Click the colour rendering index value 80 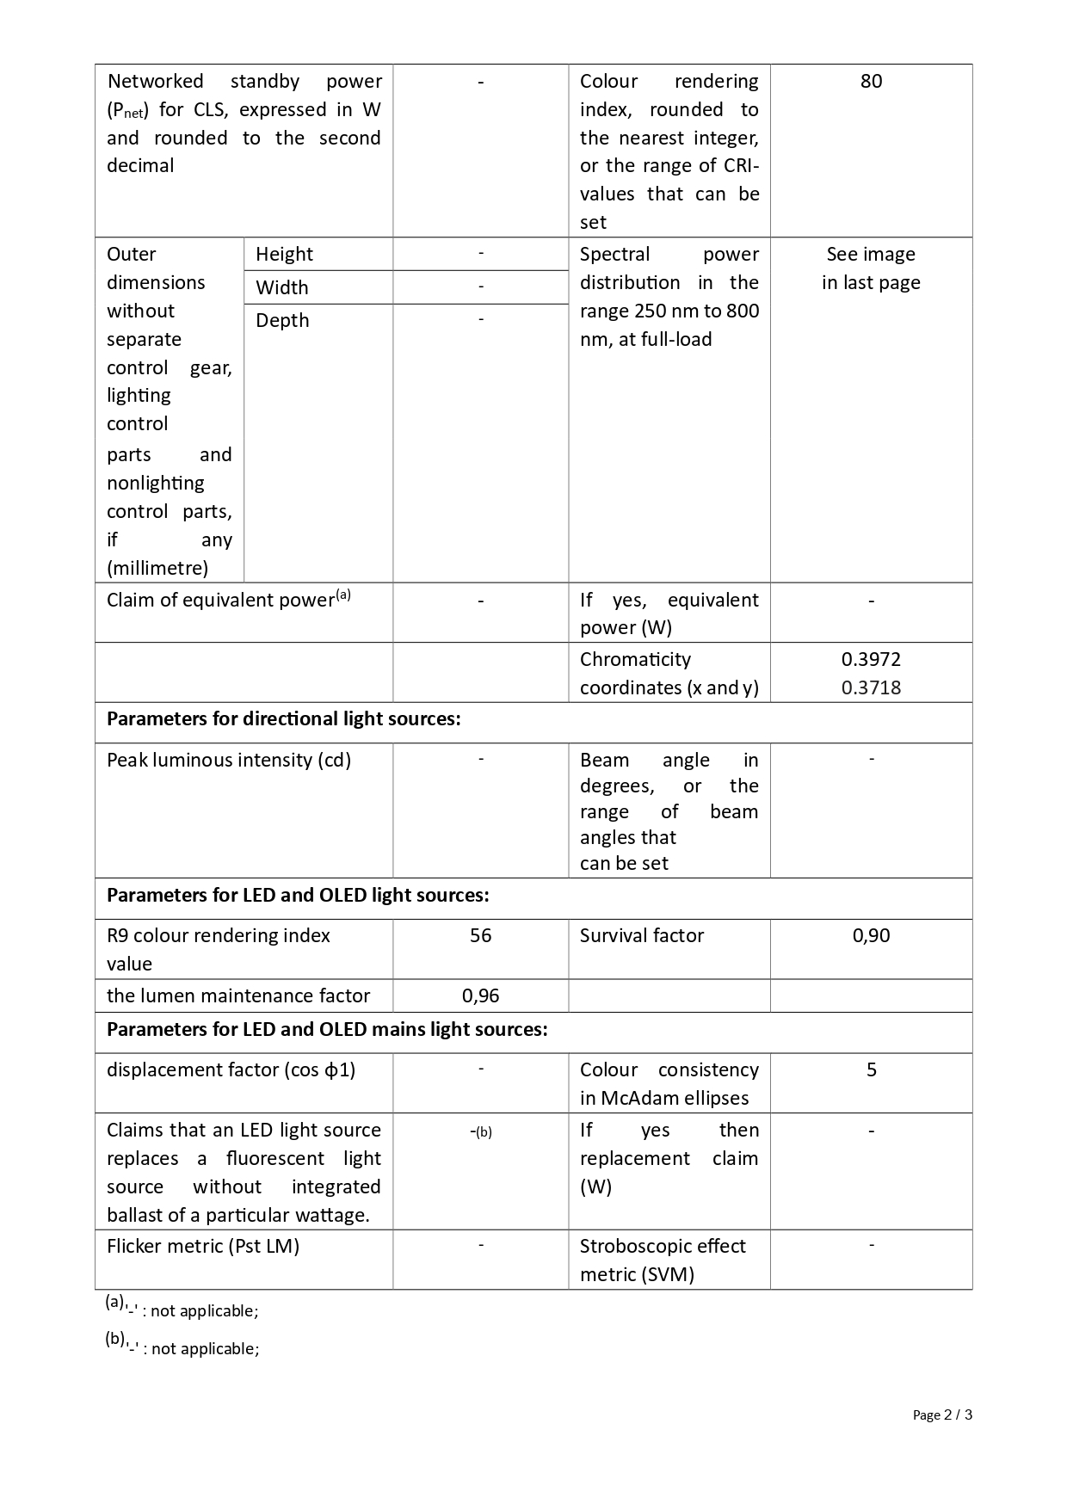[x=871, y=82]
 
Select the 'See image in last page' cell [x=871, y=268]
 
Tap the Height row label [x=284, y=255]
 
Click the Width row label [x=281, y=287]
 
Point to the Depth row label [x=282, y=320]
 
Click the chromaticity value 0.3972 [x=871, y=660]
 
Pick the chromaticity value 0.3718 [x=871, y=688]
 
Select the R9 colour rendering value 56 [x=480, y=936]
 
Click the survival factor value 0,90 [x=871, y=936]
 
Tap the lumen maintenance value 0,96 [x=480, y=996]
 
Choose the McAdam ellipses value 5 [x=871, y=1070]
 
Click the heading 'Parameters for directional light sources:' [x=284, y=719]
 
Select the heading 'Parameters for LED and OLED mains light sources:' [x=327, y=1030]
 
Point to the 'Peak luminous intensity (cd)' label [x=229, y=761]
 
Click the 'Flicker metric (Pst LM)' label [x=203, y=1247]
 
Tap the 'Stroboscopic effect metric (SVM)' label [x=663, y=1260]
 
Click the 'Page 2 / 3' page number [x=942, y=1414]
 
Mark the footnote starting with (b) [x=182, y=1347]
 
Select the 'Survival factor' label [x=642, y=936]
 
